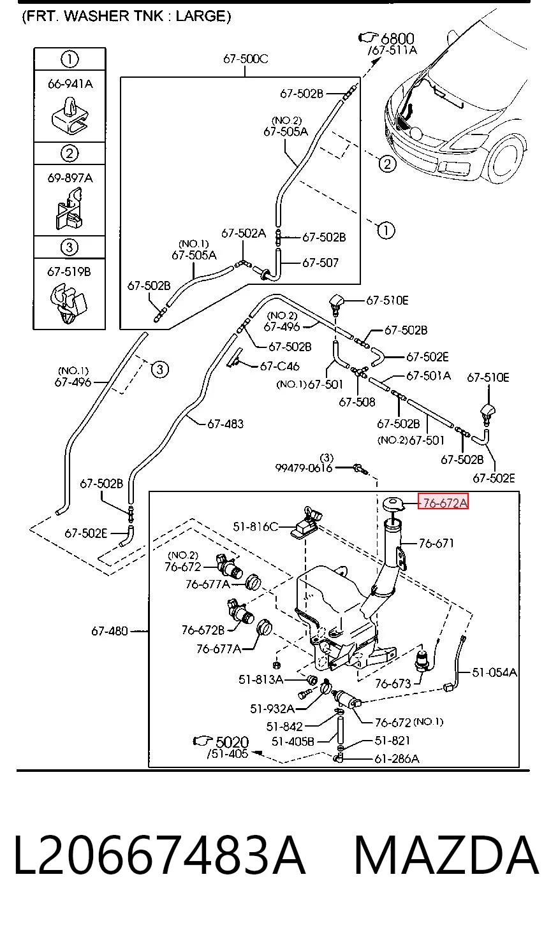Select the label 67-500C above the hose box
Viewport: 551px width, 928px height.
246,59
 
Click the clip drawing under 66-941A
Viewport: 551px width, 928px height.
70,115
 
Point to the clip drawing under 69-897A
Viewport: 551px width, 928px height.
69,209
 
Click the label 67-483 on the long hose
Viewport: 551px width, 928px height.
225,424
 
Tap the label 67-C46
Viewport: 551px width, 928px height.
279,366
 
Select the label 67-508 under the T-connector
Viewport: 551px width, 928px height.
357,402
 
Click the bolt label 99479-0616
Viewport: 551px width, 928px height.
304,468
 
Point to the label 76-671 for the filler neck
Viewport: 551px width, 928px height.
437,543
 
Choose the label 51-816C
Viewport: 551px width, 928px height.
255,526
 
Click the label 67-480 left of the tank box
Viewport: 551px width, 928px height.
110,631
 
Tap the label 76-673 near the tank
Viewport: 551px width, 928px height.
393,683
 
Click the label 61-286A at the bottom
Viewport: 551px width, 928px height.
397,758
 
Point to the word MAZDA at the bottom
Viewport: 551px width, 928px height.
447,855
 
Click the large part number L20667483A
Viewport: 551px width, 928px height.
159,855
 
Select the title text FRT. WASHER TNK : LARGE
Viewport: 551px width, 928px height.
126,16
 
